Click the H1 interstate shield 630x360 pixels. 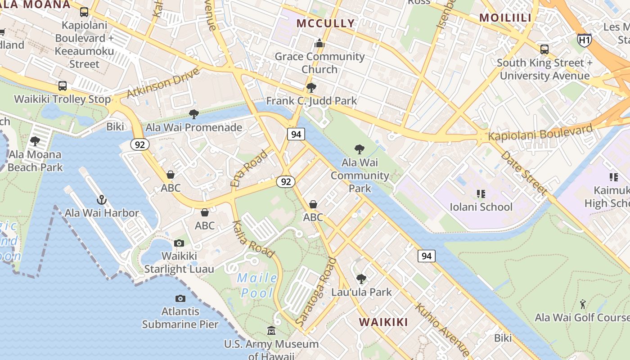[584, 40]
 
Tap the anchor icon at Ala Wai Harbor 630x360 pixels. [102, 199]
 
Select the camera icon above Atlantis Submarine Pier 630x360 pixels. [180, 298]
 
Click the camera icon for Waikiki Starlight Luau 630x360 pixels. [179, 243]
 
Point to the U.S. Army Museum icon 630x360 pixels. [271, 331]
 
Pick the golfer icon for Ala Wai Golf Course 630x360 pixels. [583, 304]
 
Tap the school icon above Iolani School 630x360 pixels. [481, 193]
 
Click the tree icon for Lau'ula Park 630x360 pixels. [361, 279]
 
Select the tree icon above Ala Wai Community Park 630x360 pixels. [359, 149]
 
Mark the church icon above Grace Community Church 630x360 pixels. [319, 43]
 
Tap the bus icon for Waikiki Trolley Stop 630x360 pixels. [63, 85]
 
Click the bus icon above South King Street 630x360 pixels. [544, 49]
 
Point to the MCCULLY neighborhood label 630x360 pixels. [326, 23]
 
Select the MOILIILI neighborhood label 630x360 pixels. [505, 18]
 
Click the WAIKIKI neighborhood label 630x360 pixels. [384, 322]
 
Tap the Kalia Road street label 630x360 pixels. [253, 239]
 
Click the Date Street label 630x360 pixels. [524, 173]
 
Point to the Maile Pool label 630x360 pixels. [257, 285]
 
